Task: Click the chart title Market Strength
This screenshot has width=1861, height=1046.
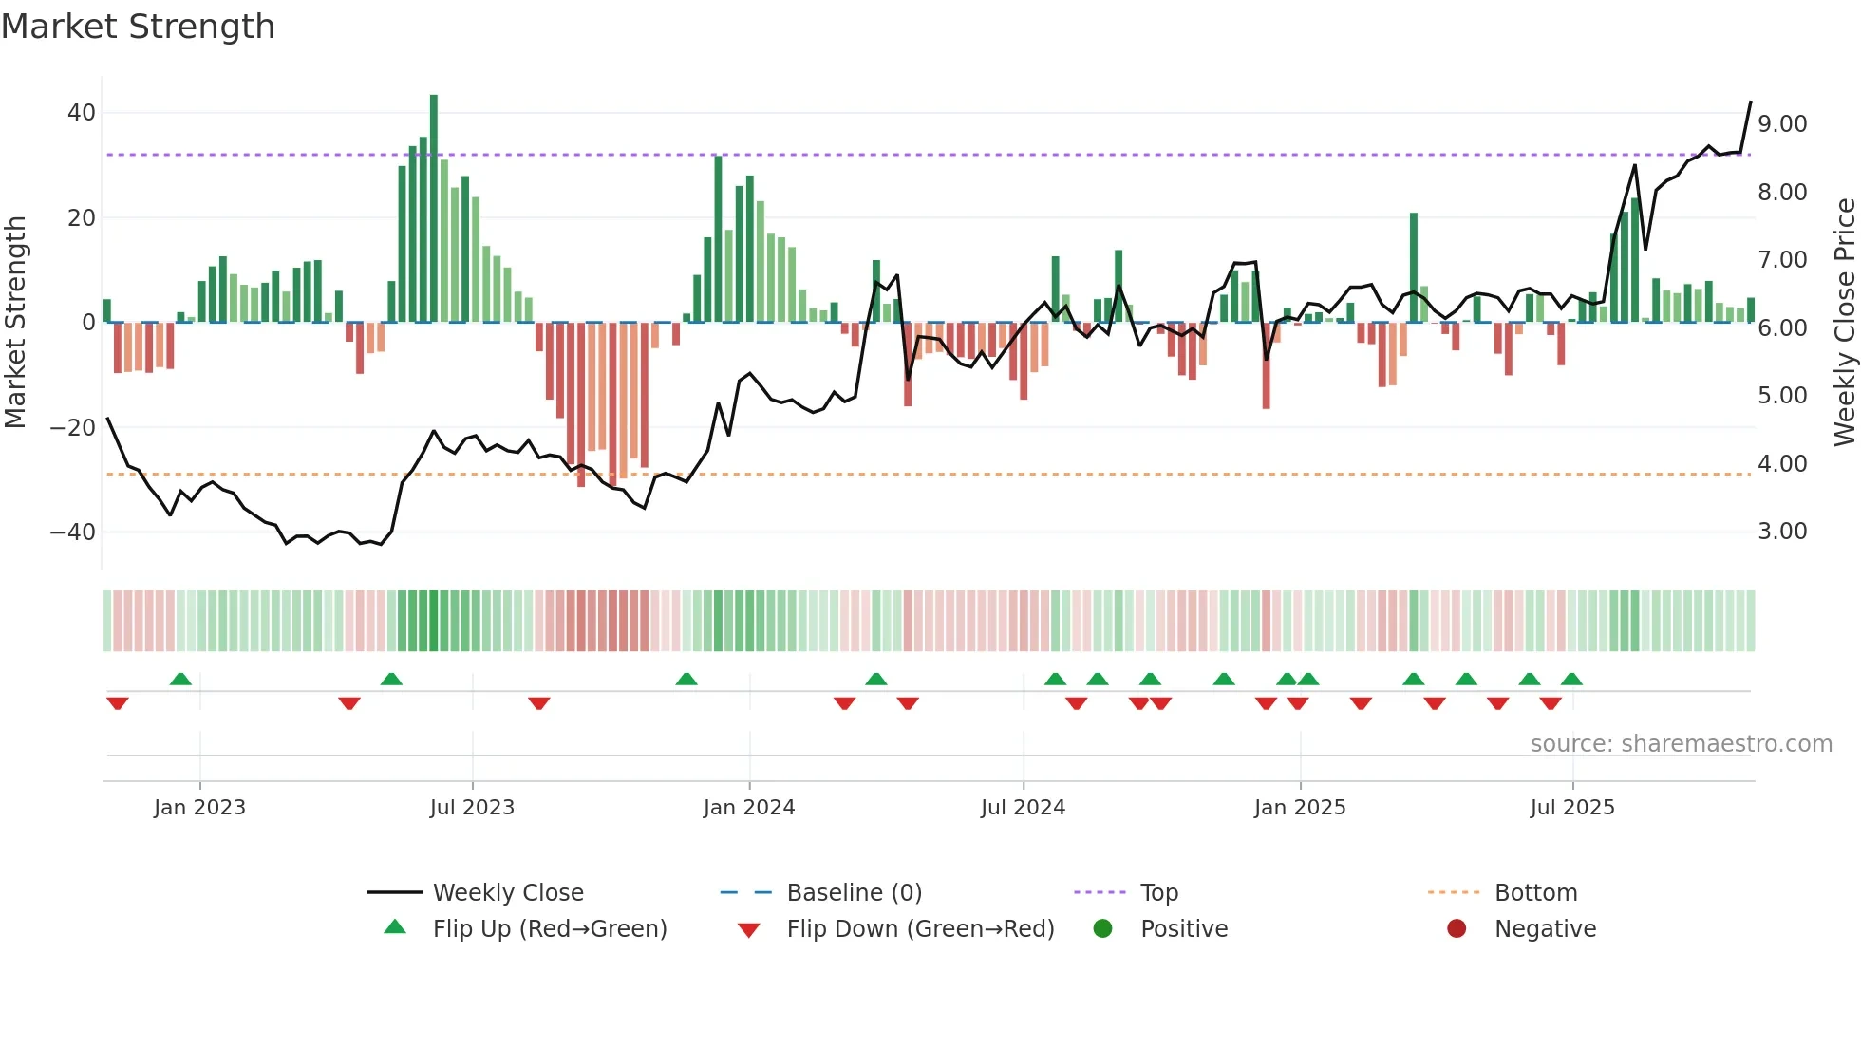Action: click(139, 27)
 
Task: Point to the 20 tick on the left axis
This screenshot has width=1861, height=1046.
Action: click(81, 218)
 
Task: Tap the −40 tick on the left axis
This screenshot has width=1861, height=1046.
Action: click(73, 532)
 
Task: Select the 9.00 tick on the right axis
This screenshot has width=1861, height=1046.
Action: click(1782, 124)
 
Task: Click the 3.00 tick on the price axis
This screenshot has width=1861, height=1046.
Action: click(1782, 532)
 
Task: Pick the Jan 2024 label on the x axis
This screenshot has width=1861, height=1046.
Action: click(749, 808)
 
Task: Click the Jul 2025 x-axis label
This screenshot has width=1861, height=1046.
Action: click(1572, 808)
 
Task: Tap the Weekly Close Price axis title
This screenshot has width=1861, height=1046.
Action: click(1844, 323)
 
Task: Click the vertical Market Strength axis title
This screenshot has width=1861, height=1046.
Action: click(16, 323)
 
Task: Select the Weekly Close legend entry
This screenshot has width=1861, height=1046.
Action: click(508, 893)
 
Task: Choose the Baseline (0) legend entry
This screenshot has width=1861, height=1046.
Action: click(854, 893)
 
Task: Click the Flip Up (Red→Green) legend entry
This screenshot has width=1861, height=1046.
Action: click(549, 929)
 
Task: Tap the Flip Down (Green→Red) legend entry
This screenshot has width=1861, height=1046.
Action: click(919, 929)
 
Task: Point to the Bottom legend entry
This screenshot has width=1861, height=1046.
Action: click(1535, 893)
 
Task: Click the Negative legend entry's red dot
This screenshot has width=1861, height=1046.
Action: click(1457, 929)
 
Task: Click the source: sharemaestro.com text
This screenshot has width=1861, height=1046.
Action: click(1681, 744)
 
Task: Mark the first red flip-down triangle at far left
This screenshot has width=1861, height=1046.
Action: click(118, 703)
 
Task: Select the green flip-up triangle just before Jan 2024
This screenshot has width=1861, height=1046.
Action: click(686, 679)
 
